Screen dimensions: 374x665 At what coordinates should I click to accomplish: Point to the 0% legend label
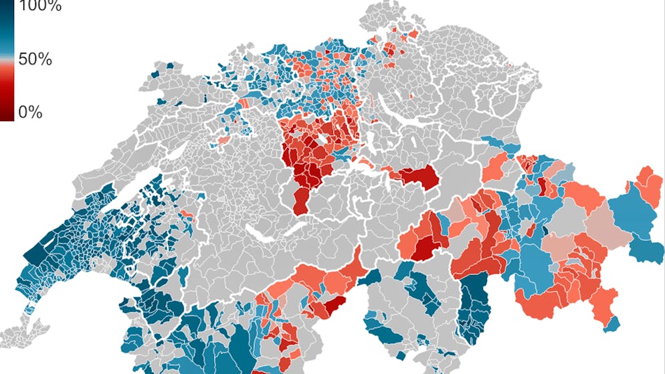[x=30, y=112]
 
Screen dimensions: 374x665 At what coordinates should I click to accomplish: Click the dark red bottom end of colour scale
[x=7, y=114]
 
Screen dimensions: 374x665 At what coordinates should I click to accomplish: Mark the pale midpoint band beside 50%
[x=7, y=60]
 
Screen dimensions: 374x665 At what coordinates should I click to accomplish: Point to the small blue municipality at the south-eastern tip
[x=611, y=324]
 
